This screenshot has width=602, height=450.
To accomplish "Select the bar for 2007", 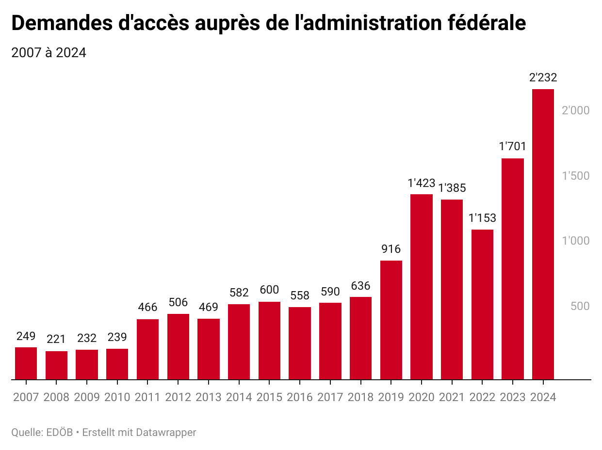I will [x=26, y=363].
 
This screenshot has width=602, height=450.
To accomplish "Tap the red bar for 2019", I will [x=391, y=320].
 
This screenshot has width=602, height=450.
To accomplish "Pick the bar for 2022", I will [x=482, y=304].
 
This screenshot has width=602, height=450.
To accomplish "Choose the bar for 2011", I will [x=147, y=349].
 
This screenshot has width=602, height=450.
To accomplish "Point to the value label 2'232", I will [x=543, y=78].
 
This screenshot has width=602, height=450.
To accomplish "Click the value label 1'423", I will [x=421, y=183].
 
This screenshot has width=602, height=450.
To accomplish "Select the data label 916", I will [x=391, y=249].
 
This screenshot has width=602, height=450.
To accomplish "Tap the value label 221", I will [x=56, y=339].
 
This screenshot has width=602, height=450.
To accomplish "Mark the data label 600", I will [x=269, y=290].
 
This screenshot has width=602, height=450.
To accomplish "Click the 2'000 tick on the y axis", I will [x=575, y=110].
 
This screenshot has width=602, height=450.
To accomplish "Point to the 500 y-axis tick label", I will [x=579, y=306].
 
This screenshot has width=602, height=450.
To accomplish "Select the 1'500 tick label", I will [x=575, y=176].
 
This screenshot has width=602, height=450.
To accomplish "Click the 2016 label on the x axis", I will [x=299, y=397].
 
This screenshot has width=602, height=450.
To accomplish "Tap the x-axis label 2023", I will [x=513, y=397].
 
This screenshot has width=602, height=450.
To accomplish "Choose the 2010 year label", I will [x=117, y=397].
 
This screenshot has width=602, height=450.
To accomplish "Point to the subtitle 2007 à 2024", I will [x=49, y=53].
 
